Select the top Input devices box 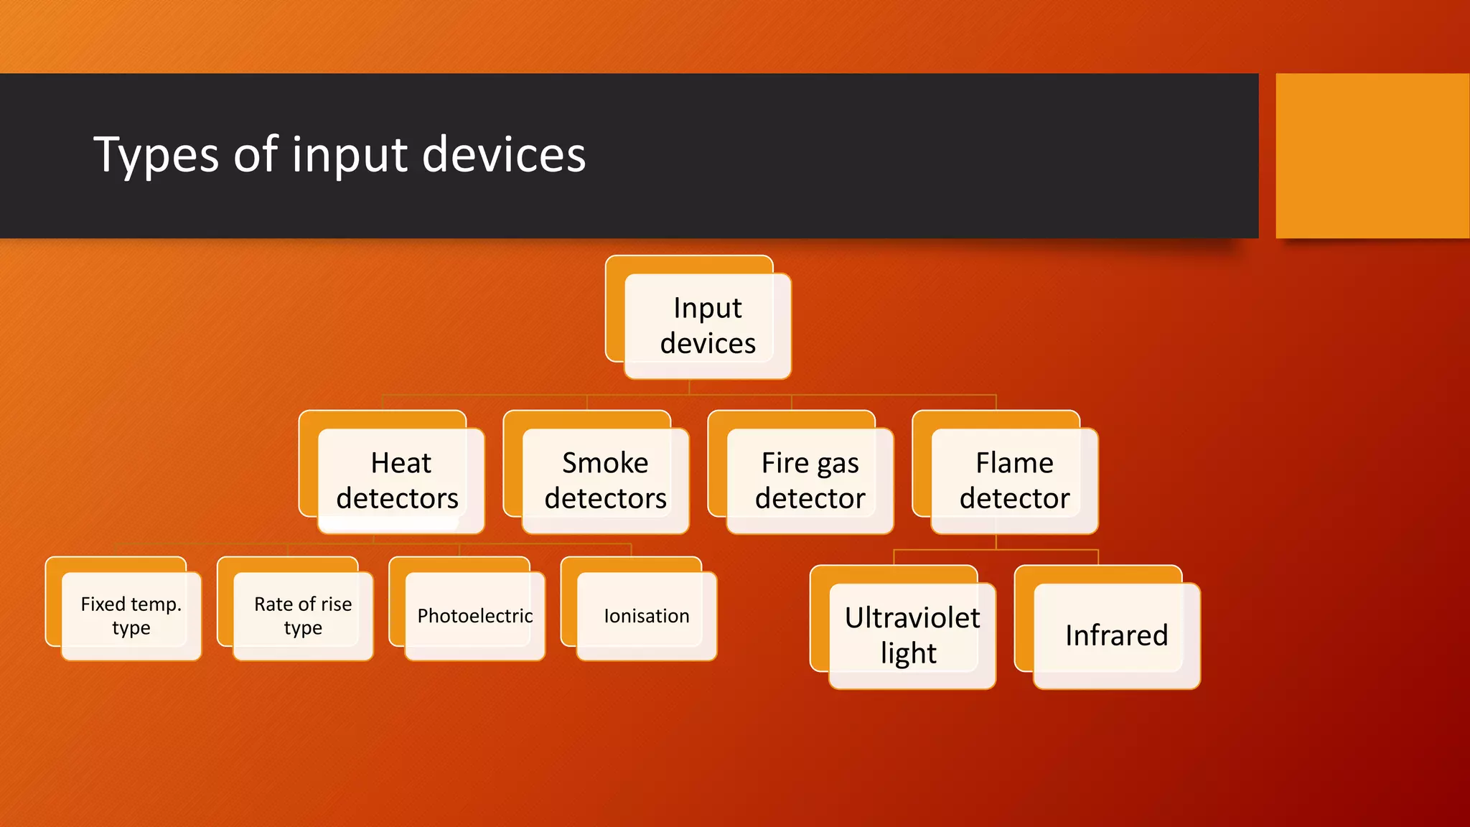point(707,326)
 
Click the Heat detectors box point(400,480)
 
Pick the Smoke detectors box point(604,480)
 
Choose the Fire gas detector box point(809,480)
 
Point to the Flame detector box point(1013,480)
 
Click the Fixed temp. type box point(131,616)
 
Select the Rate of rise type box point(302,616)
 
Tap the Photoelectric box point(474,616)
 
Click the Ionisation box point(646,616)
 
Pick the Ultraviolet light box point(911,635)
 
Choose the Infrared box point(1115,635)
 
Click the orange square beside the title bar point(1372,155)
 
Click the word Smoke point(604,463)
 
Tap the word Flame point(1013,463)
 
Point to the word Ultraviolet point(912,618)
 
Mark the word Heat point(401,463)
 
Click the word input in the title point(350,155)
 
